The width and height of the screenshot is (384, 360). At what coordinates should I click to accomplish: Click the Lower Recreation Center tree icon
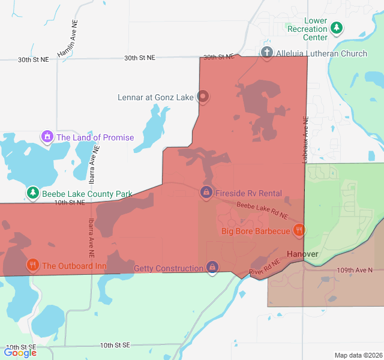(337, 28)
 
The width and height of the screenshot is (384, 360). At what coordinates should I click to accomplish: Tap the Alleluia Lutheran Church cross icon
(267, 53)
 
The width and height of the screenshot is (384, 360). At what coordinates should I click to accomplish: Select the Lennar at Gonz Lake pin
(203, 96)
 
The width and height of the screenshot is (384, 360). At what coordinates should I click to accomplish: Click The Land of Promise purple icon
(47, 137)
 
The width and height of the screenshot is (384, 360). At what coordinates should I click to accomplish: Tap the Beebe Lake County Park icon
(32, 193)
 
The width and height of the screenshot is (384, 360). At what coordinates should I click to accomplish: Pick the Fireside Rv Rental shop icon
(206, 193)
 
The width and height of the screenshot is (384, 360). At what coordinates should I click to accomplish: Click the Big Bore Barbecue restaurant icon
(299, 230)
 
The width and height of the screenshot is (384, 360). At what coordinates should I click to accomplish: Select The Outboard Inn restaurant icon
(32, 265)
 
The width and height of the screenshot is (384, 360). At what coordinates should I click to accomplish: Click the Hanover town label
(302, 254)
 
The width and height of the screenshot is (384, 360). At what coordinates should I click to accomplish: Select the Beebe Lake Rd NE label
(262, 210)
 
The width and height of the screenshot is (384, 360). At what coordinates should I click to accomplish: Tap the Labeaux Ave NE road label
(305, 139)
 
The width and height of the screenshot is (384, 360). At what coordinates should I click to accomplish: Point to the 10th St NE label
(70, 203)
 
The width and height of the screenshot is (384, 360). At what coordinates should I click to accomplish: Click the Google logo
(20, 352)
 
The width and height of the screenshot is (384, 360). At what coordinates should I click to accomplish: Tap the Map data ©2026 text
(358, 355)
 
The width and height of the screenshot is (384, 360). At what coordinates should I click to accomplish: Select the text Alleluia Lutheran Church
(321, 53)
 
